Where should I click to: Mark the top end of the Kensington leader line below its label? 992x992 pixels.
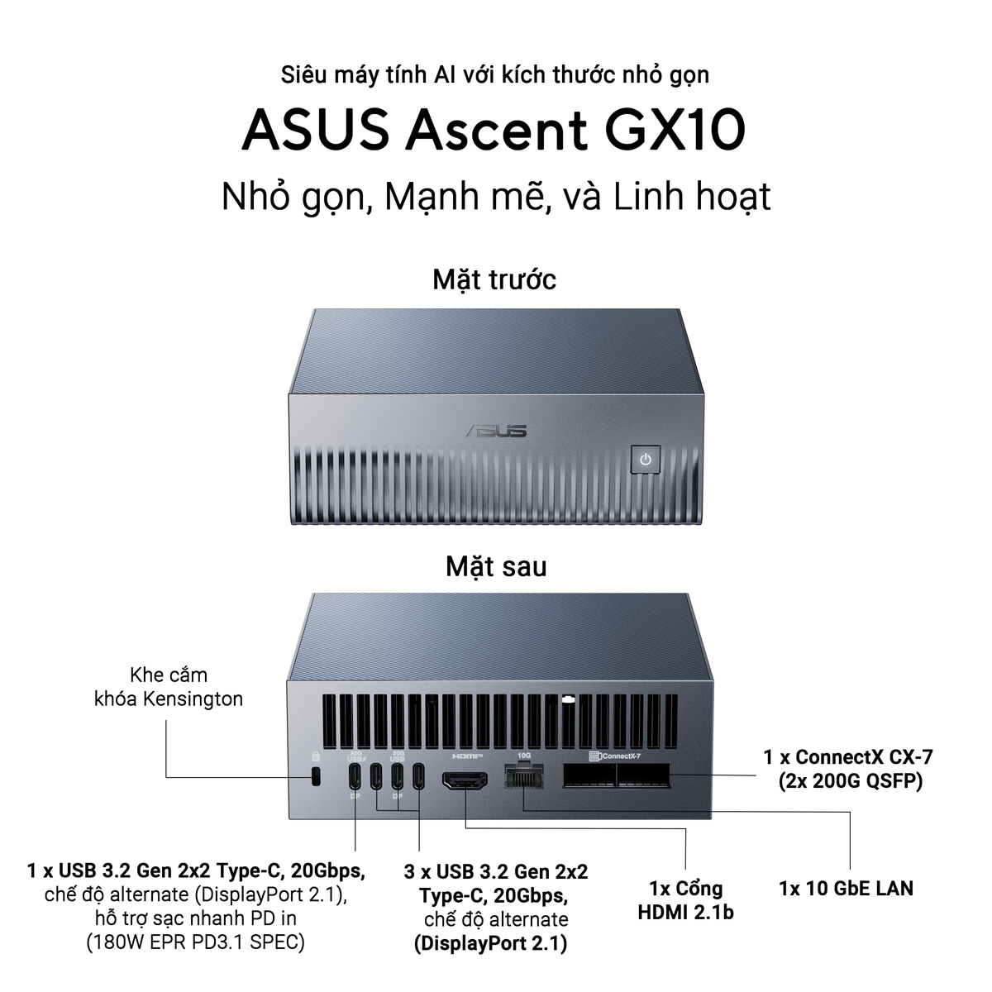(166, 721)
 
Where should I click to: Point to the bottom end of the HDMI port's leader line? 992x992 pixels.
(685, 869)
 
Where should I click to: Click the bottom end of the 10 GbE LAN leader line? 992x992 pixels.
(850, 869)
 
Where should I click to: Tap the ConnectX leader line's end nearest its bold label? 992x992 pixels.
(756, 775)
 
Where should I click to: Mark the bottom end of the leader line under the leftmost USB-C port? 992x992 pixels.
(355, 851)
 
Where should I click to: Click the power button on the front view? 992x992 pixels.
(646, 459)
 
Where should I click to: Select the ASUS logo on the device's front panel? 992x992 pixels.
(496, 431)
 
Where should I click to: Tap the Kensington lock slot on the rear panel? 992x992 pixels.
(316, 776)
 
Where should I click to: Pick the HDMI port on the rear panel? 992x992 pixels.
(465, 781)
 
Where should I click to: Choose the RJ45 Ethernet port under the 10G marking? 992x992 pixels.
(524, 775)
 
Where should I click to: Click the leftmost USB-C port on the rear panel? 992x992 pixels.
(355, 775)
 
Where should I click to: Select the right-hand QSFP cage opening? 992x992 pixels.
(643, 775)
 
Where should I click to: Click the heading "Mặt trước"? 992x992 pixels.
(494, 280)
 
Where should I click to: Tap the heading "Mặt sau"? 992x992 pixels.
(496, 567)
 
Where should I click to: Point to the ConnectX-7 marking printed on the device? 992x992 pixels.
(615, 756)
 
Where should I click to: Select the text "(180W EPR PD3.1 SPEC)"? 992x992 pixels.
(196, 942)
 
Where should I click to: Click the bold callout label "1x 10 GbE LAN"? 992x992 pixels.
(847, 888)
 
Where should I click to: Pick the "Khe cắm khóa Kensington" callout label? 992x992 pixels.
(169, 687)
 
